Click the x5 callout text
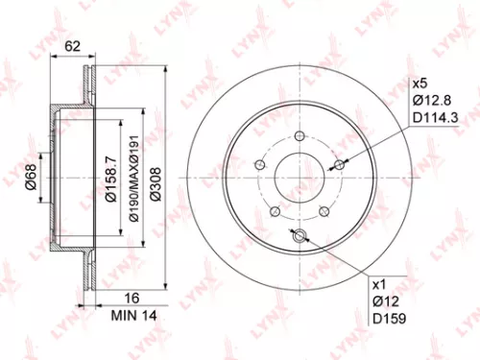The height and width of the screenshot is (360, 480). (x=420, y=84)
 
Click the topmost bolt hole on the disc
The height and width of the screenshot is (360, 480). (x=300, y=135)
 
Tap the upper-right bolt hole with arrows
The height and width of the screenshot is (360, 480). (x=339, y=165)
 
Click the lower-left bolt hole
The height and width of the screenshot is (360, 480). (x=276, y=211)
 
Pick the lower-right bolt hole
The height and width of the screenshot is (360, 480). (x=324, y=211)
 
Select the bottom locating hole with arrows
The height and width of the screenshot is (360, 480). (x=300, y=236)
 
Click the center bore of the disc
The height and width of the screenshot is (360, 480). (x=300, y=178)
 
